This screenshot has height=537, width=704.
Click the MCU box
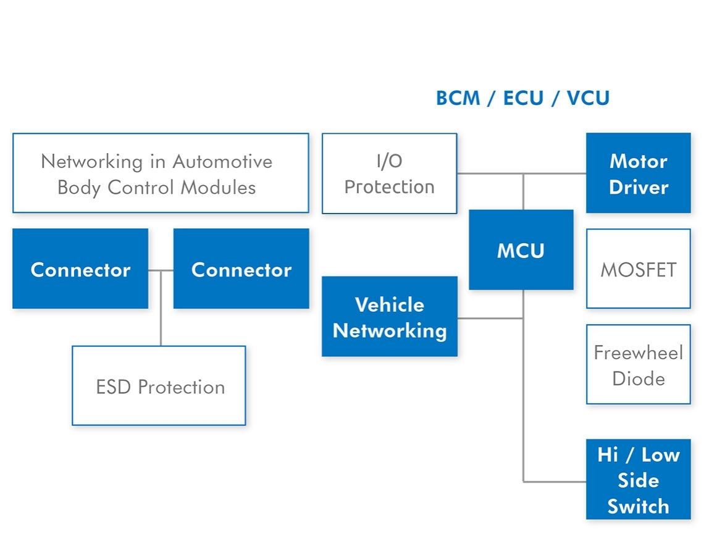coord(521,250)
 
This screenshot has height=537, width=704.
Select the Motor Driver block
coord(638,173)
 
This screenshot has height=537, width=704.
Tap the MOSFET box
coord(638,269)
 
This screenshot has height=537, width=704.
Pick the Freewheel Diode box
coord(638,365)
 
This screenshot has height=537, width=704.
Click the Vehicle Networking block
coord(389,317)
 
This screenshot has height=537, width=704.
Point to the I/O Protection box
coord(389,173)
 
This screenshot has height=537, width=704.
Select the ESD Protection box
coord(159,386)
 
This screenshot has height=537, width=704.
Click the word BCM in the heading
coord(458,99)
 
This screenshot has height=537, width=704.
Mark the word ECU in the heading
coord(524,99)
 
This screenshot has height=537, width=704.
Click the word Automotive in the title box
coord(222,162)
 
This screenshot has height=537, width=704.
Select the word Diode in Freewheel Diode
coord(638,378)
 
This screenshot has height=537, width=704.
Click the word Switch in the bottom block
coord(638,506)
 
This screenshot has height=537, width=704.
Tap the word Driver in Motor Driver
coord(638,187)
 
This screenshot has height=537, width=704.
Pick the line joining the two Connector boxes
coord(161,270)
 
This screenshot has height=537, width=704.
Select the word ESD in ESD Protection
coord(114,387)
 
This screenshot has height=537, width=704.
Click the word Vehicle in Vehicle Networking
coord(389,304)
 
